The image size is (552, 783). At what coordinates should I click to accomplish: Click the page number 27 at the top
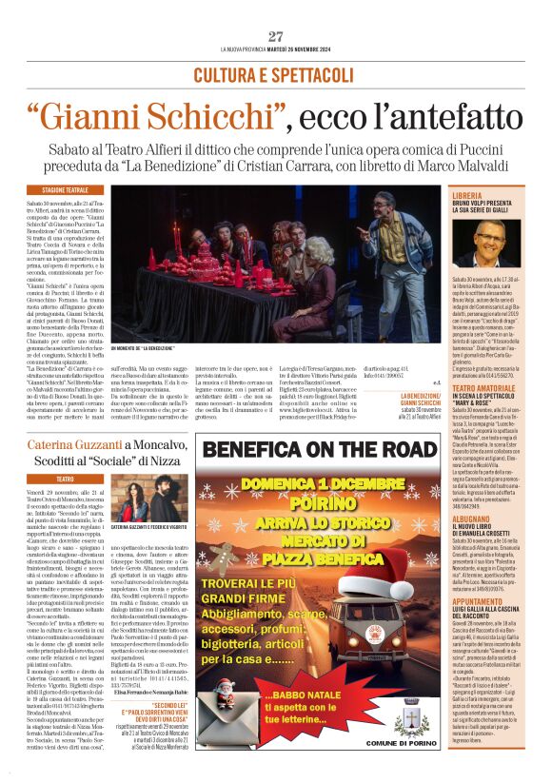click(276, 36)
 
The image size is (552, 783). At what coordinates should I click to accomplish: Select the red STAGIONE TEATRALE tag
click(65, 190)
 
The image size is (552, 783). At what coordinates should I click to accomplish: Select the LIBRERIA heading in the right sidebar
click(469, 195)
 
